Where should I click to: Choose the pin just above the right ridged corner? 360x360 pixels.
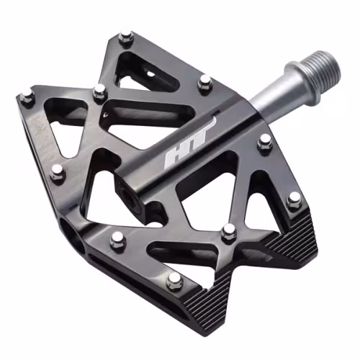[294, 201]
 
